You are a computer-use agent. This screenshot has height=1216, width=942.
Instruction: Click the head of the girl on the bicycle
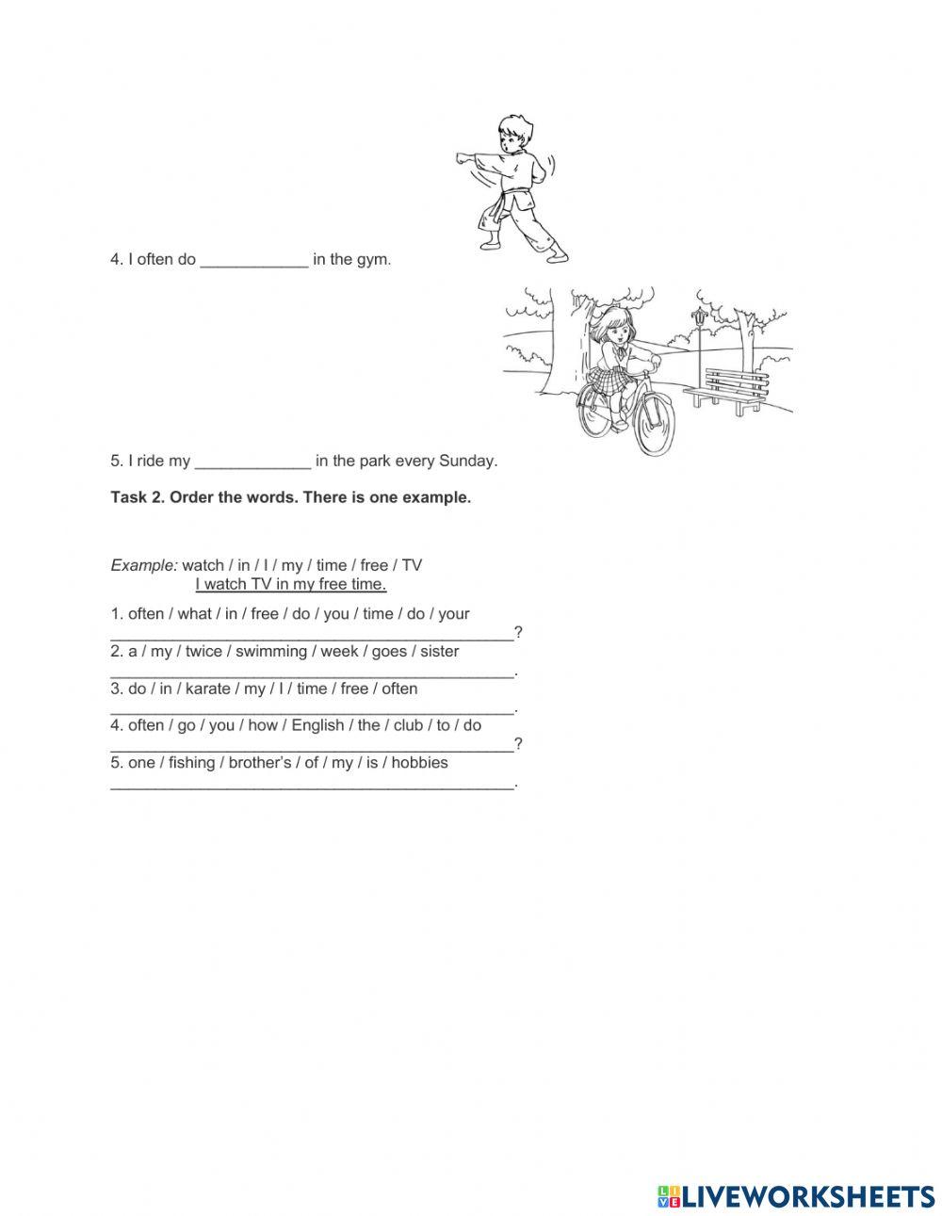pos(618,325)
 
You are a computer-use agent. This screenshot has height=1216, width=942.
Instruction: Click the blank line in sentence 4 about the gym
pos(254,260)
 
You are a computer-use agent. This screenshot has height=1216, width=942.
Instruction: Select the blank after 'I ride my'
pos(252,462)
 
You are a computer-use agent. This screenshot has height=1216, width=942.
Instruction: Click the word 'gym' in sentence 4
pos(372,260)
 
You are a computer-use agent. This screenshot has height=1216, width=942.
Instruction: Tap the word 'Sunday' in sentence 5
pos(466,462)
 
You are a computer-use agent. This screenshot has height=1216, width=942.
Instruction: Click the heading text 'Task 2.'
pos(137,497)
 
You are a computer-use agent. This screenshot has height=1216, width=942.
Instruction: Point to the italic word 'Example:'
pos(143,565)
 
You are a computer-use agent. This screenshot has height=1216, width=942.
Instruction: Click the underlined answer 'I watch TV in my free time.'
pos(291,584)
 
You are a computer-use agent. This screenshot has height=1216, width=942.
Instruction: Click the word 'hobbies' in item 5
pos(419,762)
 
